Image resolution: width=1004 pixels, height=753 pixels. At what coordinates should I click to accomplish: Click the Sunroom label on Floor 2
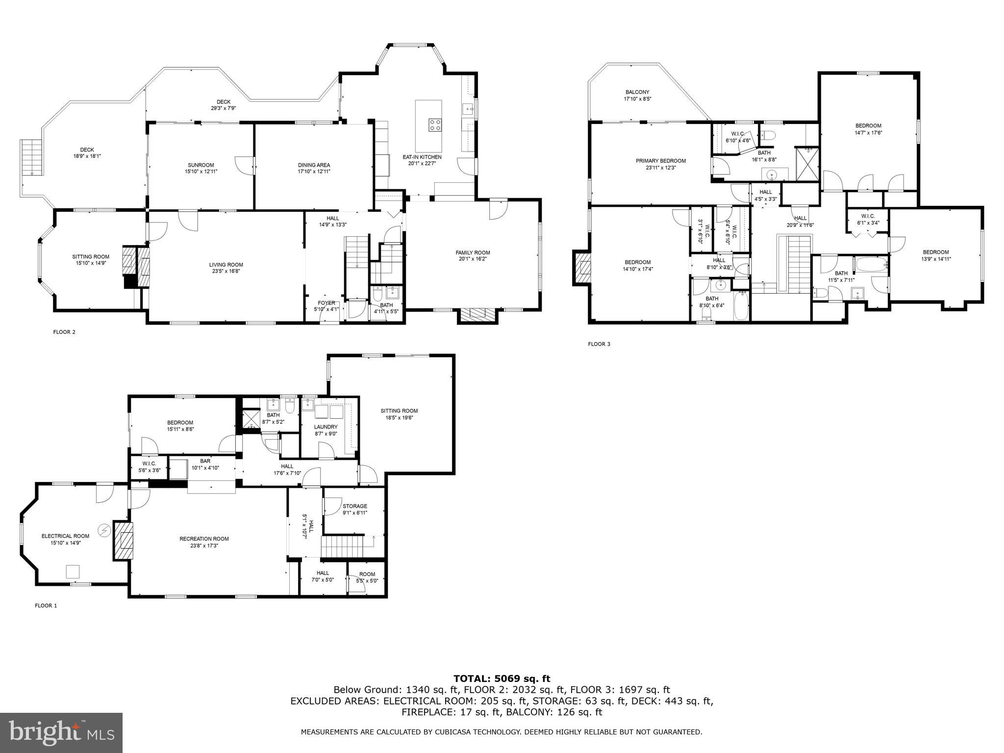[x=201, y=165]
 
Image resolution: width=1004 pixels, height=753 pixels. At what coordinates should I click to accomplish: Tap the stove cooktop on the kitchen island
[x=435, y=125]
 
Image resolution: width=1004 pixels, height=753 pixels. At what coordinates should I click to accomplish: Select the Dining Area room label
[x=314, y=165]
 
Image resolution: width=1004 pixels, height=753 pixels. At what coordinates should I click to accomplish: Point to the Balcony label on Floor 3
[x=637, y=92]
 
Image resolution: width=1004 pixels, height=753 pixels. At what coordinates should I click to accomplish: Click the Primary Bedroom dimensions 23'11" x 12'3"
[x=660, y=168]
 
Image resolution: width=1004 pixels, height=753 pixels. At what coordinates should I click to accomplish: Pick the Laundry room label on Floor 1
[x=326, y=427]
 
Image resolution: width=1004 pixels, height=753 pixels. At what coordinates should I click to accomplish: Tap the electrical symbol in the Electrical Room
[x=104, y=530]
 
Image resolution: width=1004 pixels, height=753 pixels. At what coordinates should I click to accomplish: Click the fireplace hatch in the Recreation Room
[x=124, y=541]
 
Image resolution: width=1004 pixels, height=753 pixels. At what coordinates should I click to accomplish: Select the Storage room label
[x=354, y=506]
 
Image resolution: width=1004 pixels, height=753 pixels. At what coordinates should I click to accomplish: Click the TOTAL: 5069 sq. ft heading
[x=502, y=678]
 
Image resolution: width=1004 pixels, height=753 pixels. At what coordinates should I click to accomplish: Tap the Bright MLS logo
[x=61, y=733]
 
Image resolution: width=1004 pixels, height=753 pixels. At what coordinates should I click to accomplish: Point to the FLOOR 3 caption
[x=599, y=344]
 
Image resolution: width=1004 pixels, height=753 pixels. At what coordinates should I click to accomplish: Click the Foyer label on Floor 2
[x=326, y=303]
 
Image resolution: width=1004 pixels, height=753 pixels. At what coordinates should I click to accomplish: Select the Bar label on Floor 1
[x=205, y=461]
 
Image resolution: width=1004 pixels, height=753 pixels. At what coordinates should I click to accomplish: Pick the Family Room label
[x=473, y=253]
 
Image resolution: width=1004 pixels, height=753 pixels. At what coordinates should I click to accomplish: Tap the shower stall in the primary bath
[x=806, y=164]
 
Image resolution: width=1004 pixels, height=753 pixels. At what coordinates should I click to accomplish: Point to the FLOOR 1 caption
[x=46, y=605]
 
